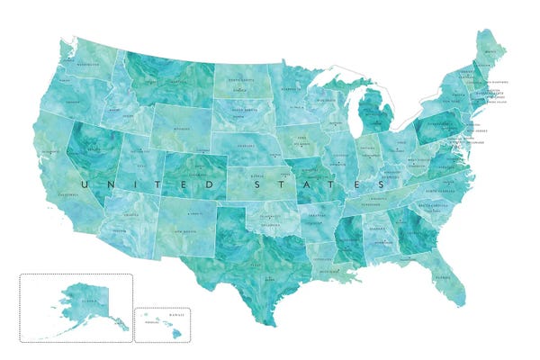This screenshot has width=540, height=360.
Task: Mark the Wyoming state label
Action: click(x=184, y=129)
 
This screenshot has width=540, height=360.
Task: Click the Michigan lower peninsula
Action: click(x=372, y=116)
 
